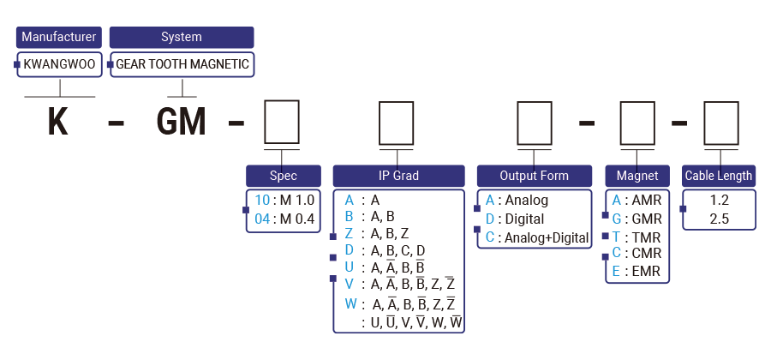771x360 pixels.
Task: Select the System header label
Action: coord(182,37)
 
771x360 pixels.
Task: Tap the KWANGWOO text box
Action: coord(59,64)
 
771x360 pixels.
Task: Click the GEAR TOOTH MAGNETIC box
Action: coord(182,64)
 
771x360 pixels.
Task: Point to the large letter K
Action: coord(57,121)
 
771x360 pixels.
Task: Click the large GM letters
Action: coord(182,121)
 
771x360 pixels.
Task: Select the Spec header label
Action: coord(283,176)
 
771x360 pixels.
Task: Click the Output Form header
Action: coord(534,176)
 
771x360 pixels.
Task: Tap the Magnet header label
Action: coord(637,176)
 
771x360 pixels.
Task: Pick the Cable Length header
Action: coord(718,176)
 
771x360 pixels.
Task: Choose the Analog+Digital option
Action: coord(537,237)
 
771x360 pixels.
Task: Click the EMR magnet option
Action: coord(637,273)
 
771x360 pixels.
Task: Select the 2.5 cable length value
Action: coord(720,218)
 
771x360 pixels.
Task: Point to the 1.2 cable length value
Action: coord(720,200)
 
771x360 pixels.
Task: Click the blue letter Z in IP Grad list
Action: coord(349,233)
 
